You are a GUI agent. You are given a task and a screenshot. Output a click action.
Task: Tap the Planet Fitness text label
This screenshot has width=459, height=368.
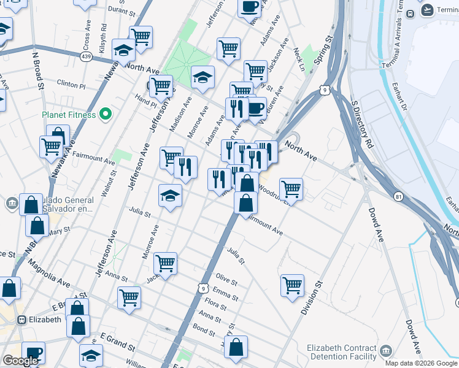pos(69,115)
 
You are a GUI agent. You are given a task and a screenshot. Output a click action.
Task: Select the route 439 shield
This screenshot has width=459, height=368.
pos(86,57)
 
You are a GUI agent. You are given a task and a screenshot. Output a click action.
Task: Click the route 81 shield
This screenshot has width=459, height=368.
pos(399,196)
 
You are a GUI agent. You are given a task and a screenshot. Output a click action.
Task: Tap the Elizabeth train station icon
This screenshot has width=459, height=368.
pos(23,320)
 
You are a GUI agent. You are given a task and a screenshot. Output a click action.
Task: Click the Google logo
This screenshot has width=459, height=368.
pos(20,361)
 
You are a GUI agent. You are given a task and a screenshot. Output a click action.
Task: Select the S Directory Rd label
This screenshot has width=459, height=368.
pos(361,123)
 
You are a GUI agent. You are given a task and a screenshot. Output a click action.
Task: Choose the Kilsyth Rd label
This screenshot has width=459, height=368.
pos(103,37)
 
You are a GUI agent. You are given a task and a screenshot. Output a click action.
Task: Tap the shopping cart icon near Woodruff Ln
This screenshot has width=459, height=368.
pos(291,188)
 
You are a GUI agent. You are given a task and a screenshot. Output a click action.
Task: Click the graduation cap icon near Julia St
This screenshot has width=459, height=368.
pos(171,195)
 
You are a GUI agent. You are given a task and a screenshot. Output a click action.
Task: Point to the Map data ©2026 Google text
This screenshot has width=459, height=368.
pos(421,363)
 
